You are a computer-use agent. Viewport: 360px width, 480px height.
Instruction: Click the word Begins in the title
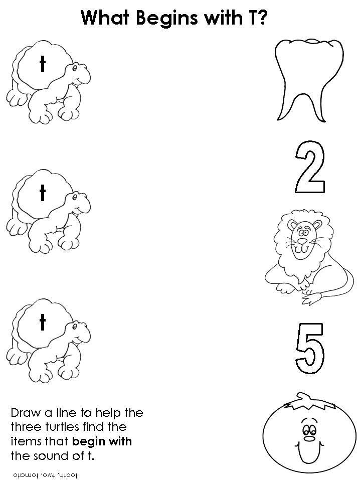tap(167, 18)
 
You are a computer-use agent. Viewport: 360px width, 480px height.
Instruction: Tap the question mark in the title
tap(261, 18)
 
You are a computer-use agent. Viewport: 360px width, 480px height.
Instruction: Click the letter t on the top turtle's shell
tap(43, 64)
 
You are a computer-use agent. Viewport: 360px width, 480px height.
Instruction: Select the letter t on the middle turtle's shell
tap(43, 193)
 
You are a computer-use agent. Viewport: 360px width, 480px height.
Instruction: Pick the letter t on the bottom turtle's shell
tap(43, 322)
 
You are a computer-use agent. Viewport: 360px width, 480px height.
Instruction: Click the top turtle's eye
tap(74, 69)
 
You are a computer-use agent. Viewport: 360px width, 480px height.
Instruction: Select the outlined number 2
tap(310, 167)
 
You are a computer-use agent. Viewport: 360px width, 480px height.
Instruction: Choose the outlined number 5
tap(310, 349)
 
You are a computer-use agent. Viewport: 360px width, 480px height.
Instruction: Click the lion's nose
tap(302, 241)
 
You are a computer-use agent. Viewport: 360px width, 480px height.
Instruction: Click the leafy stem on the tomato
tap(306, 402)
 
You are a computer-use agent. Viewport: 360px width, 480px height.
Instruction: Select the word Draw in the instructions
tap(26, 413)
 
